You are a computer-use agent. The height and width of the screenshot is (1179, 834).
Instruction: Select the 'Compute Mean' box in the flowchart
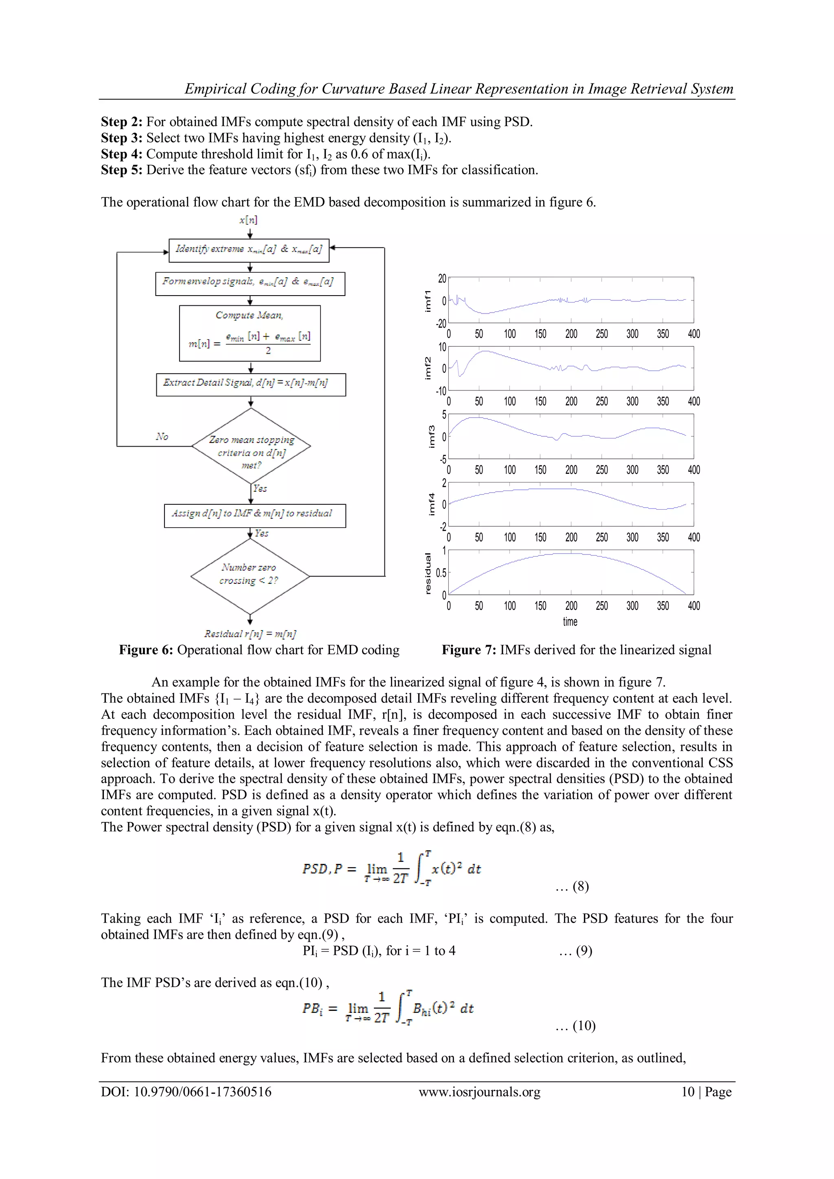click(250, 333)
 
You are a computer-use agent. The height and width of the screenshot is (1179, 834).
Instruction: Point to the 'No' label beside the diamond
click(162, 436)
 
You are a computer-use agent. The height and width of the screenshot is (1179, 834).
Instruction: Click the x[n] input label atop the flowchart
click(248, 220)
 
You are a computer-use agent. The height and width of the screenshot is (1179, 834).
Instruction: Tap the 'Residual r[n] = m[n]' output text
click(250, 633)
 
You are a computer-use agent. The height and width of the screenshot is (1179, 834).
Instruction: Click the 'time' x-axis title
click(570, 621)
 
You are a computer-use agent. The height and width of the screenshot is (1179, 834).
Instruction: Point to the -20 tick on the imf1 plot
click(441, 324)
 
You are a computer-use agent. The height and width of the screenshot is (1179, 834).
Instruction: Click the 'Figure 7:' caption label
click(469, 650)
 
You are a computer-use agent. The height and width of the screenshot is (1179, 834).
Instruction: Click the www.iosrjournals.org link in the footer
click(479, 1092)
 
